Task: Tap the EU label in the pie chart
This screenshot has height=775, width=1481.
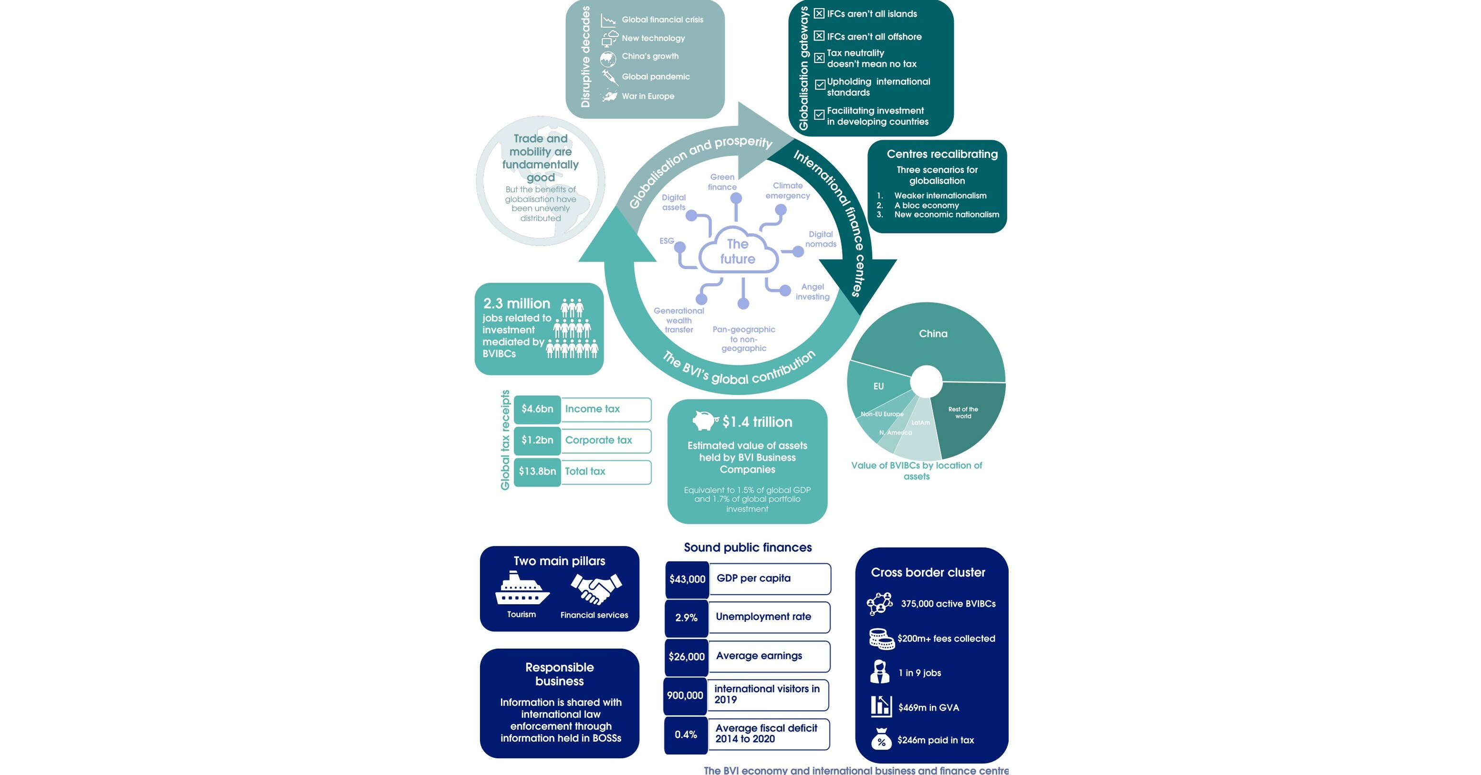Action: pyautogui.click(x=878, y=387)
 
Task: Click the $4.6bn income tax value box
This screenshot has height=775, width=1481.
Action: pyautogui.click(x=537, y=409)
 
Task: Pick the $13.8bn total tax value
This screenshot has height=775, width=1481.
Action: pyautogui.click(x=537, y=471)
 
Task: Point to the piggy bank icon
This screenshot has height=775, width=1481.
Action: pyautogui.click(x=704, y=420)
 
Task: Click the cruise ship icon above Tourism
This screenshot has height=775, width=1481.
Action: pyautogui.click(x=521, y=589)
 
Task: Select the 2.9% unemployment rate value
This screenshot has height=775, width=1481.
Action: pyautogui.click(x=686, y=618)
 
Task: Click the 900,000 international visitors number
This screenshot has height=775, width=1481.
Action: pyautogui.click(x=685, y=695)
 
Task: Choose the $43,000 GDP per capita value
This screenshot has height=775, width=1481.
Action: pyautogui.click(x=687, y=579)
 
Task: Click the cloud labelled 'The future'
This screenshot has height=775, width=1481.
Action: pyautogui.click(x=738, y=252)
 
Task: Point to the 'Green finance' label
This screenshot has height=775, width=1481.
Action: pyautogui.click(x=722, y=182)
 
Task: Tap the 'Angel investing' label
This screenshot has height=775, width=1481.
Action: pyautogui.click(x=813, y=292)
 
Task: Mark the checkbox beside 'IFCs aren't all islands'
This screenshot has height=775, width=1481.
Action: pyautogui.click(x=819, y=13)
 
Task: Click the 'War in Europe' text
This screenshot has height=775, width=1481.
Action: pyautogui.click(x=648, y=96)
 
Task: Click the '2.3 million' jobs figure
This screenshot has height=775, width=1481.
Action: pyautogui.click(x=516, y=303)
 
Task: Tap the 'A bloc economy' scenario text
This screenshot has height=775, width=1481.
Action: pyautogui.click(x=926, y=205)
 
